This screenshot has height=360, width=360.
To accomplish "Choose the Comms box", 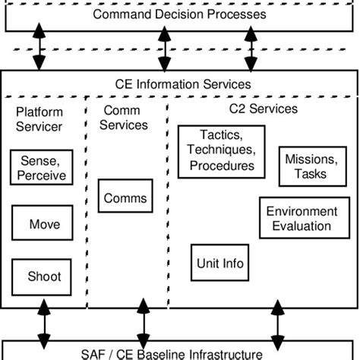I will (x=125, y=198).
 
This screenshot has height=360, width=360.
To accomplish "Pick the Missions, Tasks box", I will (x=305, y=166).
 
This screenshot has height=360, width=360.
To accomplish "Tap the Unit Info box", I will (x=219, y=264).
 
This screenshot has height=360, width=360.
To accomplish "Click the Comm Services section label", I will (x=124, y=118).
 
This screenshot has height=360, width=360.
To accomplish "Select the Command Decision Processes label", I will (x=179, y=14).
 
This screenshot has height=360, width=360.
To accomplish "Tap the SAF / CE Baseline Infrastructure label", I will (x=179, y=352).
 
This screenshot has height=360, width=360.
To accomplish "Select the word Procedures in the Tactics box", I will (x=222, y=165).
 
